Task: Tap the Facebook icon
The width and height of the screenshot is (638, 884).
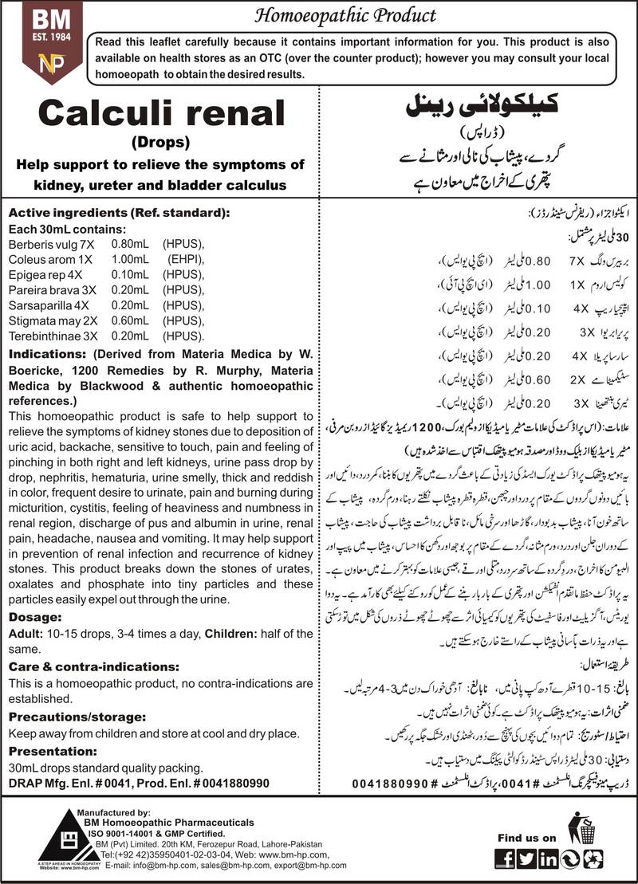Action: pos(503,858)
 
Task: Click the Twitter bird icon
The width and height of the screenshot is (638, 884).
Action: pos(526,858)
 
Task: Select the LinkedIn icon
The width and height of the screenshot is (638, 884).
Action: pos(549,858)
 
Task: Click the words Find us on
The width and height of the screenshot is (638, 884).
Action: pos(526,838)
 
